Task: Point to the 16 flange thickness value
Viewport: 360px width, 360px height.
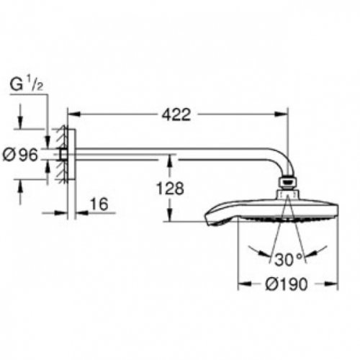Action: pyautogui.click(x=100, y=205)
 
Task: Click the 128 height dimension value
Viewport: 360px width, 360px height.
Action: pyautogui.click(x=169, y=189)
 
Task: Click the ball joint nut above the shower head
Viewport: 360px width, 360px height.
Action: pyautogui.click(x=288, y=185)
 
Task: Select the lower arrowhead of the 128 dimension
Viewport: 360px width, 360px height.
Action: pyautogui.click(x=169, y=219)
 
